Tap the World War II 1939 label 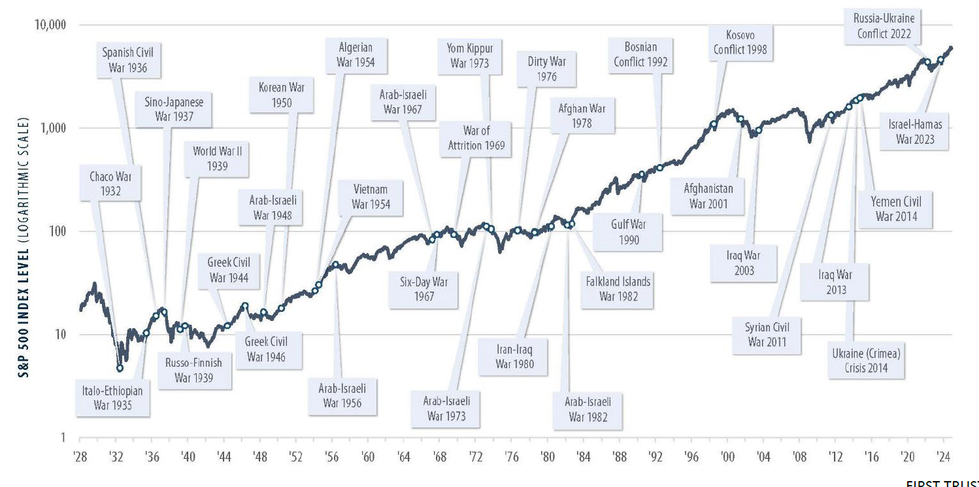coord(217,159)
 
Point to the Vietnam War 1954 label coord(371,197)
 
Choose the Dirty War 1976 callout coord(546,69)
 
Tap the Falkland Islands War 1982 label coord(618,289)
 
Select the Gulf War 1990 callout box coord(628,232)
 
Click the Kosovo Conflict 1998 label coord(740,42)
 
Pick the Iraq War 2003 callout coord(744,263)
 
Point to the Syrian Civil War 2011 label coord(766,334)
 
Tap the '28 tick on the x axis coord(80,456)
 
